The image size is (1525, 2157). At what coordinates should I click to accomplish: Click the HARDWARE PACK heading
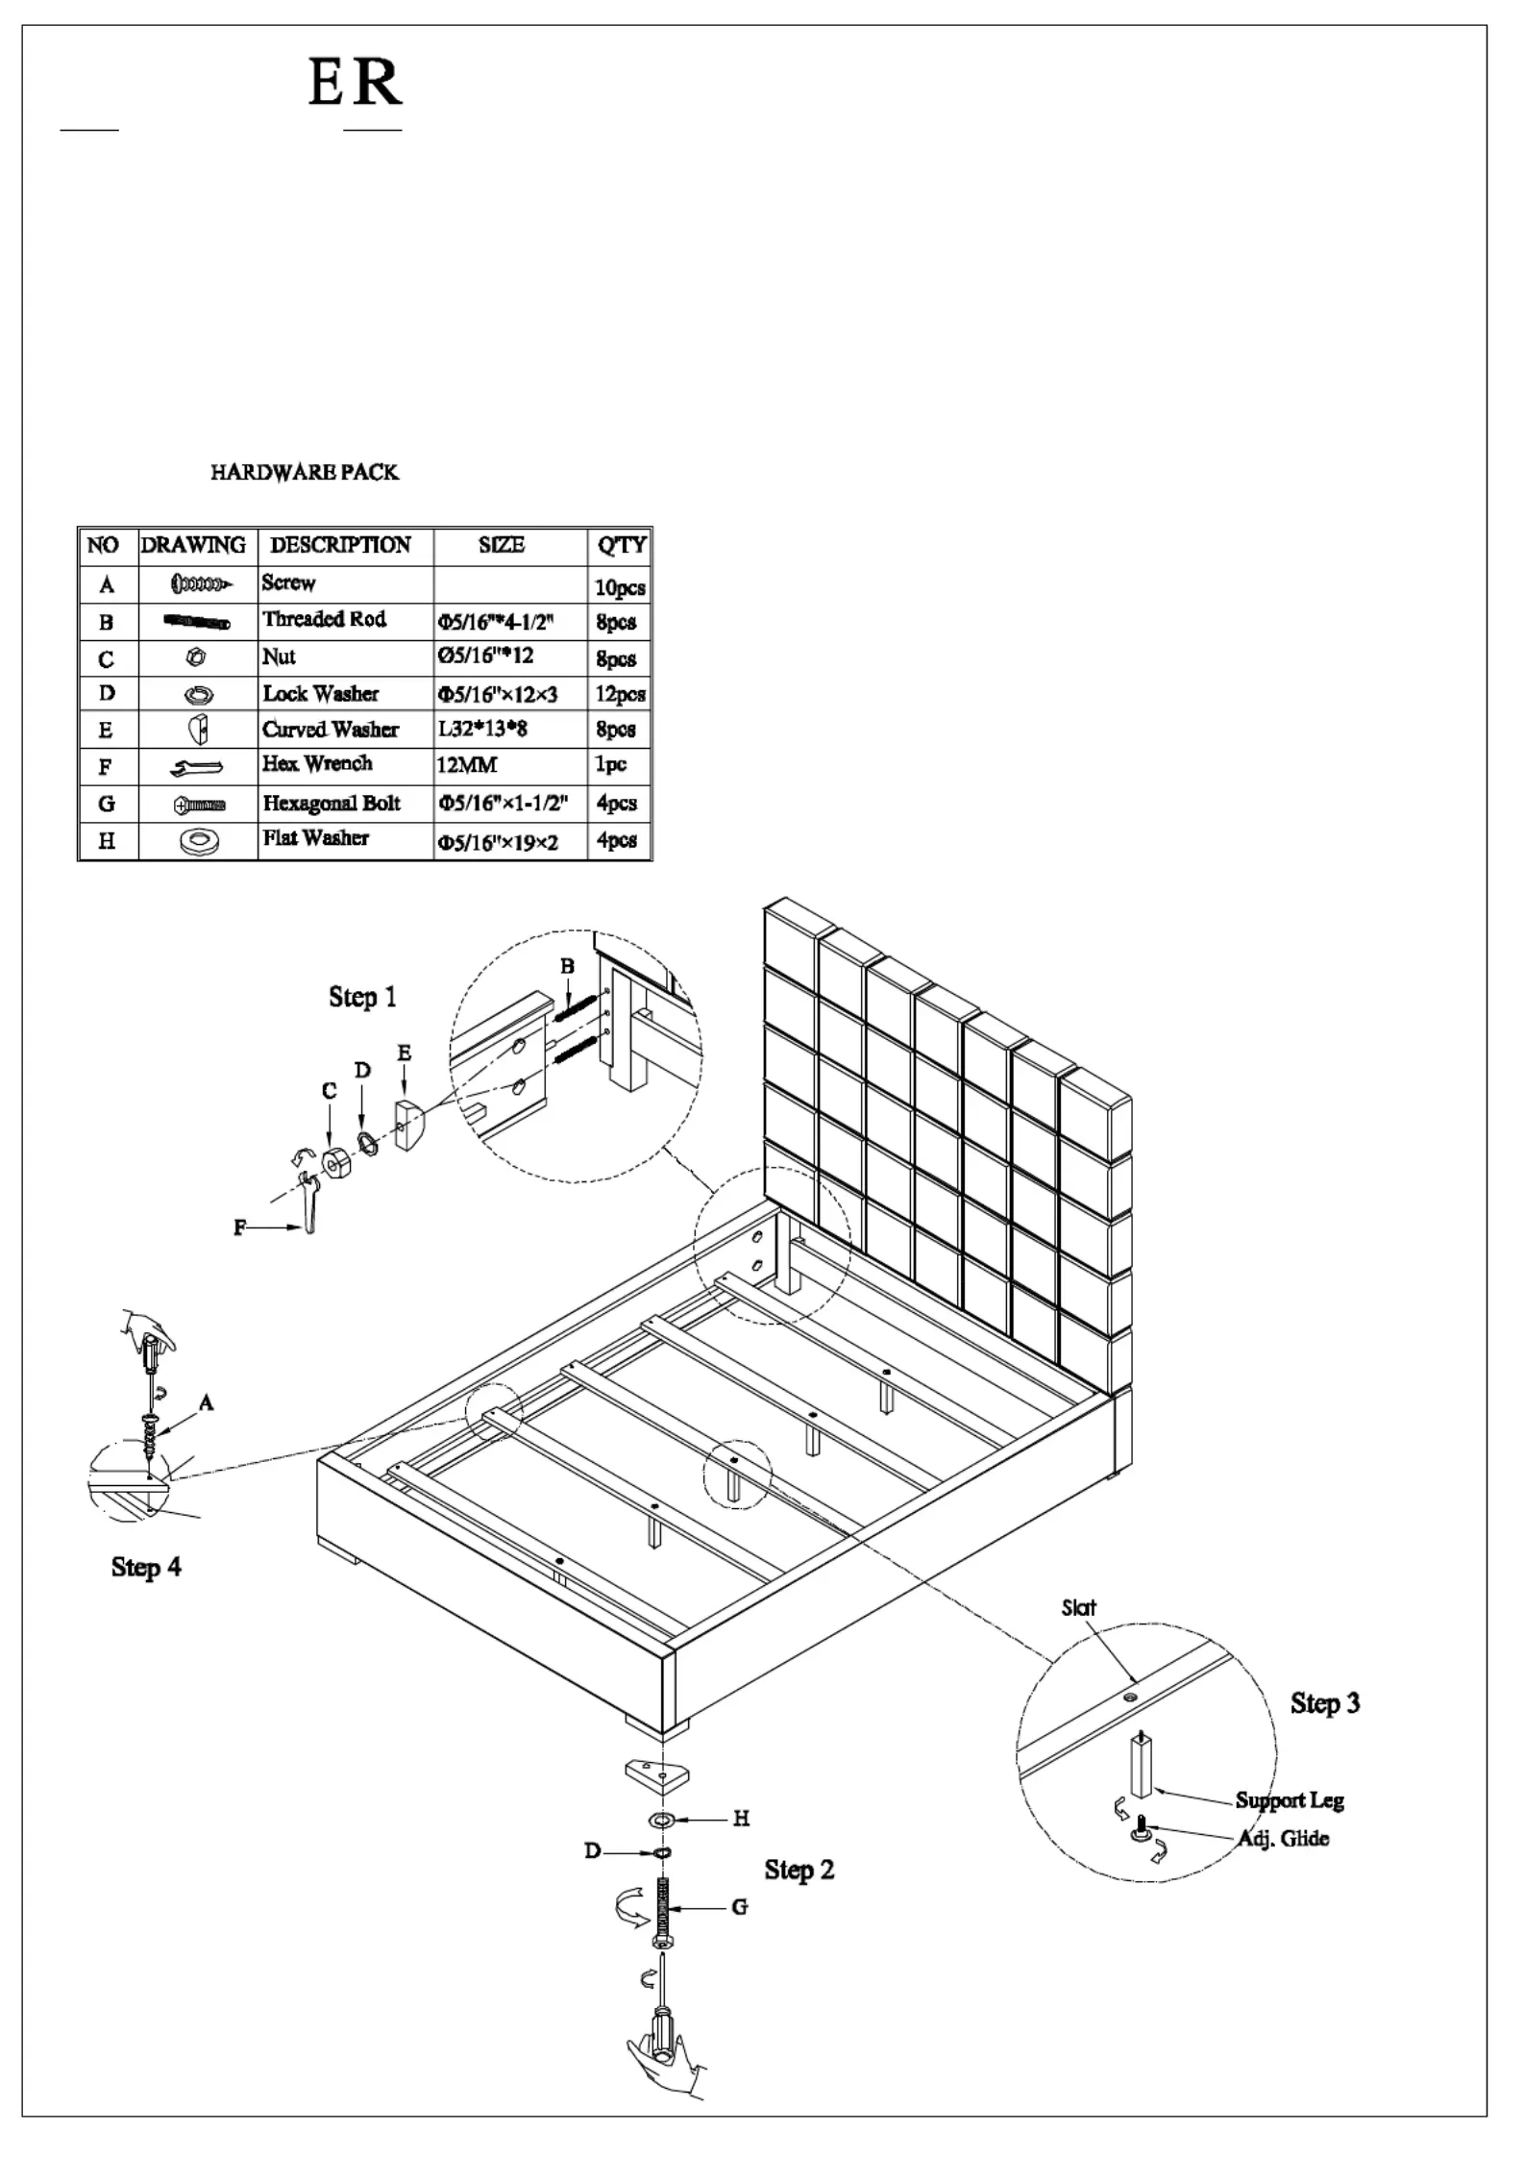(305, 472)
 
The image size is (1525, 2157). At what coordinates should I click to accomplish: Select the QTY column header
(622, 546)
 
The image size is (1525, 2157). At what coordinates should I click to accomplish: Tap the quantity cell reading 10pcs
(620, 586)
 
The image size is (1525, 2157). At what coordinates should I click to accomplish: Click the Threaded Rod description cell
(325, 619)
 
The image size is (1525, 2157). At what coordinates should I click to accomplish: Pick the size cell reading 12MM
(467, 766)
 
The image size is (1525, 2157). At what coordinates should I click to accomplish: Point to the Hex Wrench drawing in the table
(196, 767)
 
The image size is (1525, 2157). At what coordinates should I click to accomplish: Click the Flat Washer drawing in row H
(199, 841)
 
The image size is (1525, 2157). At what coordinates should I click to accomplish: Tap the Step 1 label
(362, 997)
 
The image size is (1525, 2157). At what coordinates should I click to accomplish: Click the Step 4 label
(146, 1567)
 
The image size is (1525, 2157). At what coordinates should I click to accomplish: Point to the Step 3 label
(1325, 1703)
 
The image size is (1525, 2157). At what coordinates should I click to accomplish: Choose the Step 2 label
(799, 1870)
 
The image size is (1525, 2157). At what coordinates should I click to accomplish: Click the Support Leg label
(1290, 1800)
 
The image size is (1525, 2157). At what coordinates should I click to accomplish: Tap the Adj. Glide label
(1283, 1839)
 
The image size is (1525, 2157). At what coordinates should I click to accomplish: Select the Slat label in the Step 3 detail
(1078, 1607)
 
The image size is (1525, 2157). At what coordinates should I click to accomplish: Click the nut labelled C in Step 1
(335, 1161)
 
